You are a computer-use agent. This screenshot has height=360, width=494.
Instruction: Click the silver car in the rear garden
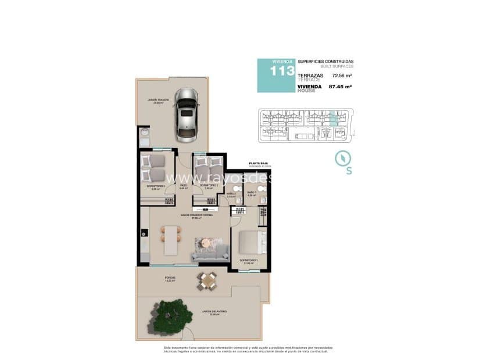click(186, 114)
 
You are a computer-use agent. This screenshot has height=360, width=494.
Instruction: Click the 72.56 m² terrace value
click(342, 75)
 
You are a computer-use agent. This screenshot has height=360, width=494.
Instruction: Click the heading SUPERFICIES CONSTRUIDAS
click(325, 62)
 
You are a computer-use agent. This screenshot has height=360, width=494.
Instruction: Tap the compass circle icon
click(342, 157)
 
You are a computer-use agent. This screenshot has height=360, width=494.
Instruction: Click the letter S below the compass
click(349, 171)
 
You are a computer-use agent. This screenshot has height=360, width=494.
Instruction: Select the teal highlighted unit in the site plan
click(333, 118)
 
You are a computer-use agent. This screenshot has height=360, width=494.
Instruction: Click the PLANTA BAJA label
click(258, 164)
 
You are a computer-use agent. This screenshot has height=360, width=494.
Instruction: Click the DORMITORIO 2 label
click(209, 185)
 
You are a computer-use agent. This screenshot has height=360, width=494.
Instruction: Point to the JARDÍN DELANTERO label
click(214, 312)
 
